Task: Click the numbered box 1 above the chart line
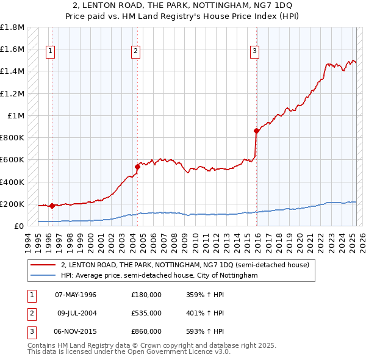tap(49, 51)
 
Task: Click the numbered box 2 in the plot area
tap(135, 51)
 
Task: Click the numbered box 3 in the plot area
tap(254, 51)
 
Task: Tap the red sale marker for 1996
tap(52, 206)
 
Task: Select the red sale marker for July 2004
tap(138, 166)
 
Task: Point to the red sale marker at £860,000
tap(256, 130)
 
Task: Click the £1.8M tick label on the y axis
tap(12, 27)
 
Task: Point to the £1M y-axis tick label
tap(16, 115)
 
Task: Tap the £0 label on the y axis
tap(19, 226)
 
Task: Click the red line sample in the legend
tap(43, 265)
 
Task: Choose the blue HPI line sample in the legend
tap(43, 276)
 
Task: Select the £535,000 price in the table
tap(146, 313)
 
